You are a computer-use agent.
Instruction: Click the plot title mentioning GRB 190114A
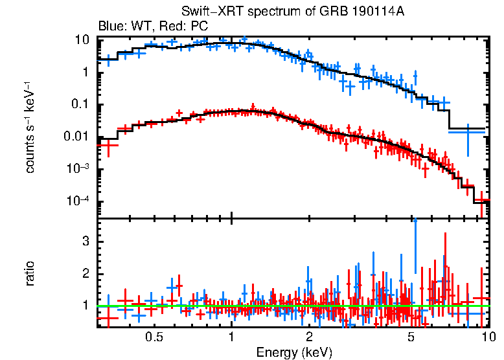297,13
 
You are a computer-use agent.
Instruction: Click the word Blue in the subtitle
109,27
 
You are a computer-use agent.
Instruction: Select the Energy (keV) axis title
294,352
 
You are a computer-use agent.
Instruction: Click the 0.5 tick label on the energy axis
154,338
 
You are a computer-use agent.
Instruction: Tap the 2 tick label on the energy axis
309,338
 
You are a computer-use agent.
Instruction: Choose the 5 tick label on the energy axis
411,338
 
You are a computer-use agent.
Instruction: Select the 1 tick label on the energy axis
231,338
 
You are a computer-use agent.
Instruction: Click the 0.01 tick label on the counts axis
78,137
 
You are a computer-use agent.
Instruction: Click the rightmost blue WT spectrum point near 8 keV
466,131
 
